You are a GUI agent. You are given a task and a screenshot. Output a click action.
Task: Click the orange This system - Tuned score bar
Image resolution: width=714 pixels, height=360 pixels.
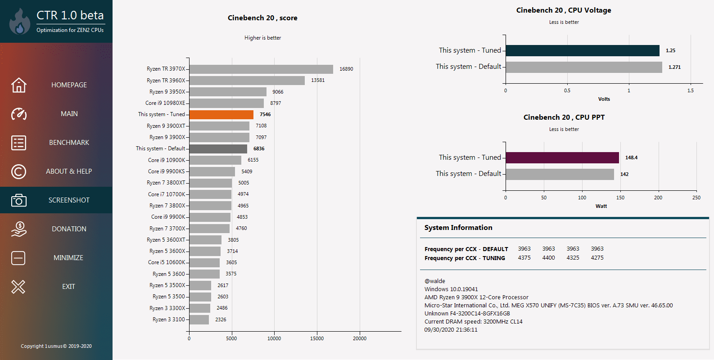click(x=221, y=115)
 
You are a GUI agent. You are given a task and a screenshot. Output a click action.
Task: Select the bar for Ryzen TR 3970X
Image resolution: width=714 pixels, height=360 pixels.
click(x=261, y=69)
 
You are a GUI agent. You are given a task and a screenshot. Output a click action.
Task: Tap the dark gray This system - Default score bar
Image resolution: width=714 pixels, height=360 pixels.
click(x=218, y=148)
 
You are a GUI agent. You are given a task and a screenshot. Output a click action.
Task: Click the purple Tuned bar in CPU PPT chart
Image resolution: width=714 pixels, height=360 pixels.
click(x=562, y=157)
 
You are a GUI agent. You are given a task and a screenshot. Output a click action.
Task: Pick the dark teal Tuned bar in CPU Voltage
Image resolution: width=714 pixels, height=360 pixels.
click(x=583, y=50)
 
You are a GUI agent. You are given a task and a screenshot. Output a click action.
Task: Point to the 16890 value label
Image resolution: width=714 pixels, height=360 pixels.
click(x=346, y=69)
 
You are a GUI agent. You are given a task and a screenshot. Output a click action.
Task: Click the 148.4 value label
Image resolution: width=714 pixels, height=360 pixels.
click(x=631, y=157)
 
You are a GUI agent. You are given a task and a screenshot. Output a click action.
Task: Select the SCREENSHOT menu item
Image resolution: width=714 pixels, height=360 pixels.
click(x=69, y=200)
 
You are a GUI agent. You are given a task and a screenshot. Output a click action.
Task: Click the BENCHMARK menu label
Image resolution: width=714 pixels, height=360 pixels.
click(x=69, y=143)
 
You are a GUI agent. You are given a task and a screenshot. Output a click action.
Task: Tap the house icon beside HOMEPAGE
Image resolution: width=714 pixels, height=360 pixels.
click(x=18, y=85)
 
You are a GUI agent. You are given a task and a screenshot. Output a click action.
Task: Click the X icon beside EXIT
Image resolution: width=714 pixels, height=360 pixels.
click(x=18, y=287)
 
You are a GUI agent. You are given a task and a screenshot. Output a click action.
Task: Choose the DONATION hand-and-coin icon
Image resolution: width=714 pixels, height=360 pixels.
click(x=18, y=229)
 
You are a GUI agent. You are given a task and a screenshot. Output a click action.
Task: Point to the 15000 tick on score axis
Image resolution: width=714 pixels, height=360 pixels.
click(x=317, y=338)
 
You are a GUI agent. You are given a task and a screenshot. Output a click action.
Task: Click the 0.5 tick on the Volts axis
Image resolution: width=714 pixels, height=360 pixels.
click(x=567, y=90)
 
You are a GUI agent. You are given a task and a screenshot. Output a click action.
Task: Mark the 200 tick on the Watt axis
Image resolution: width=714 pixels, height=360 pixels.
click(x=658, y=198)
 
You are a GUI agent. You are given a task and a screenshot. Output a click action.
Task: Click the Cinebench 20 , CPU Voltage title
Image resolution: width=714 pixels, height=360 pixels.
click(x=564, y=10)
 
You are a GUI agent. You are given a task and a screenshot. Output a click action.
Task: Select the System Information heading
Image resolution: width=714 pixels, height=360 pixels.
click(x=458, y=228)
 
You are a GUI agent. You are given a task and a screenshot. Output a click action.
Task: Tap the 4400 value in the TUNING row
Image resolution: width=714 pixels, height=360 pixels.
click(x=548, y=258)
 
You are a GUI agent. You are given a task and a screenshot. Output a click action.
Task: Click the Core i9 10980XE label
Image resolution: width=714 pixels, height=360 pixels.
click(x=165, y=103)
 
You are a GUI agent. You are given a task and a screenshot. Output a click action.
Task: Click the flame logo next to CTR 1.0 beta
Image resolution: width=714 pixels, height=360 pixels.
click(x=19, y=22)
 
